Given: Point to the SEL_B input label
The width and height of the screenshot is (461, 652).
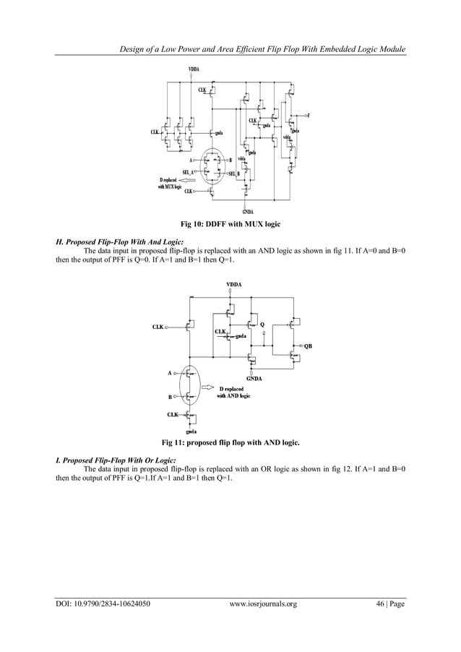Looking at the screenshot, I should (234, 174).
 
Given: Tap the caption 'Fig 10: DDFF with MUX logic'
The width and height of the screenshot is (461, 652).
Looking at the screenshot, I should (230, 226).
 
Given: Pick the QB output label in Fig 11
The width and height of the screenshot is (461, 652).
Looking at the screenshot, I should (309, 346).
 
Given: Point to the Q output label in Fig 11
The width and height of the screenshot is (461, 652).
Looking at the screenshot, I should (262, 324).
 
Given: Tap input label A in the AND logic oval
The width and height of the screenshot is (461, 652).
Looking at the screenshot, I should (170, 373).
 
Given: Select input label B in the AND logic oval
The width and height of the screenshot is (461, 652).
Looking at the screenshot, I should (170, 397).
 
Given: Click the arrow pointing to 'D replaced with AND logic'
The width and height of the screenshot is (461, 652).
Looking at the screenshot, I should (208, 387).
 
